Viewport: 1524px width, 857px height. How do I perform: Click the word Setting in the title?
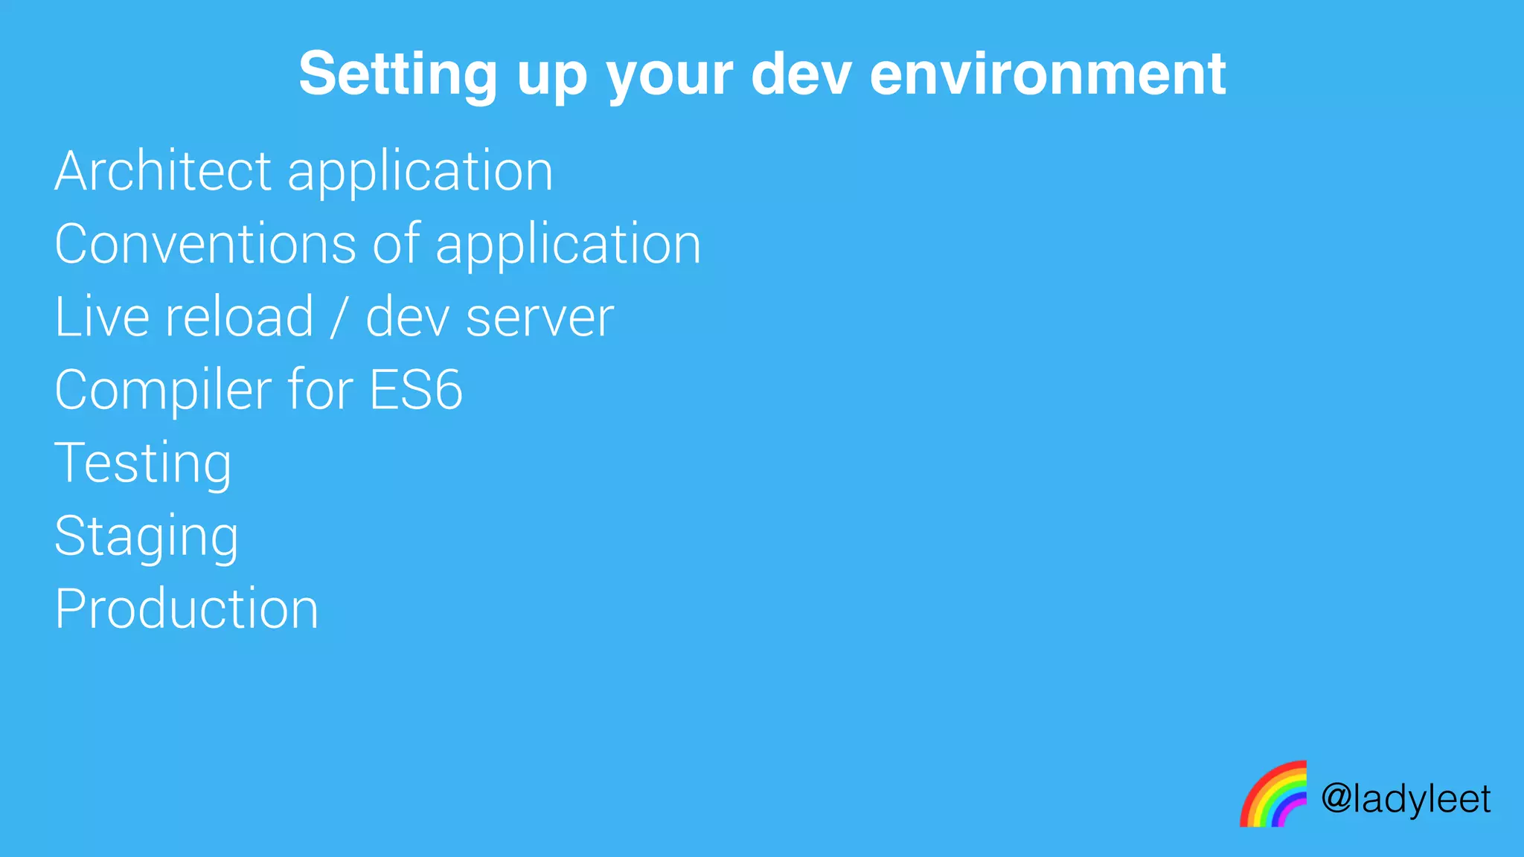pos(397,74)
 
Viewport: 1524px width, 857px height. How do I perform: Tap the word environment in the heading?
pos(1047,74)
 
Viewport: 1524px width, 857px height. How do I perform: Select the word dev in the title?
pos(800,74)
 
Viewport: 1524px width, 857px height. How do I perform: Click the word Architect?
pos(163,171)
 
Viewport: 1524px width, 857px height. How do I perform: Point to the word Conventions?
pos(205,244)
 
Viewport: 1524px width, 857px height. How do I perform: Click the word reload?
pos(239,317)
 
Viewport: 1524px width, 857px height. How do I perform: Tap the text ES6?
pos(415,390)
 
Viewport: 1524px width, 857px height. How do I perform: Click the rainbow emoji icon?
pos(1273,794)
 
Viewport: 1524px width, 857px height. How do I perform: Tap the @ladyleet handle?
pos(1406,800)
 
